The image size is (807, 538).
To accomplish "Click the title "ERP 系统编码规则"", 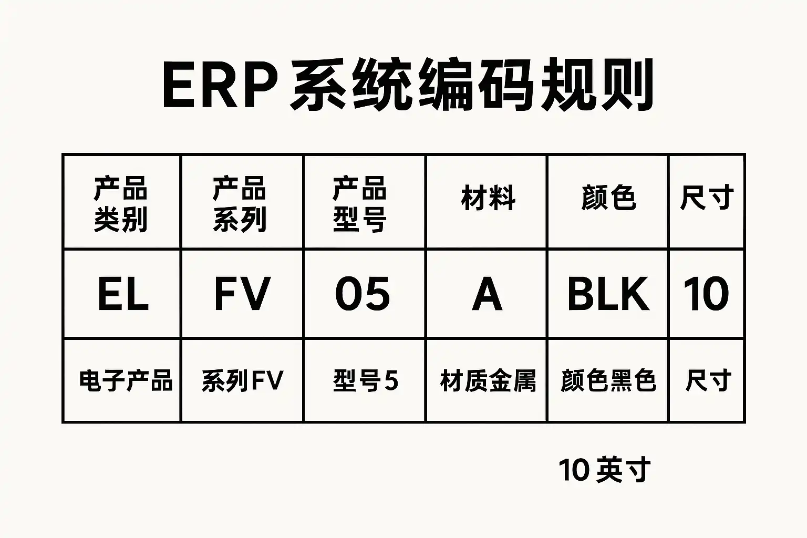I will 408,86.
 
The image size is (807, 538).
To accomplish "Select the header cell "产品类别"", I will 121,204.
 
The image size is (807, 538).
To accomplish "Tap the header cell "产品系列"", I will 240,204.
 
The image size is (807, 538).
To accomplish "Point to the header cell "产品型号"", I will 360,204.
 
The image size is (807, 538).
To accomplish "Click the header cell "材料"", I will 488,199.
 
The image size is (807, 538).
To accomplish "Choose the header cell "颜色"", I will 608,199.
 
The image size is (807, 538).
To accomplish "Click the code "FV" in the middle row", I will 242,294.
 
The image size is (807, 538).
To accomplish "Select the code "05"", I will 363,294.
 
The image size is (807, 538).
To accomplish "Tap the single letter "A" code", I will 487,295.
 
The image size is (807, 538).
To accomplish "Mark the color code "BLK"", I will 608,294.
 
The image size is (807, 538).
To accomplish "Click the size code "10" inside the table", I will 706,294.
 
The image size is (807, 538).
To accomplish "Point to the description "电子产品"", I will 126,380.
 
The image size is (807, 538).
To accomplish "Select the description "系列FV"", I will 242,380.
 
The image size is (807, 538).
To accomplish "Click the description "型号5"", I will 365,380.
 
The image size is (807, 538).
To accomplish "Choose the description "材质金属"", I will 488,380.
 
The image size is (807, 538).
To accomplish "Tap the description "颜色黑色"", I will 608,380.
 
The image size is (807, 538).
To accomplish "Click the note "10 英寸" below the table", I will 604,470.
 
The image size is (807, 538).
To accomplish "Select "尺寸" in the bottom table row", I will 708,380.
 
